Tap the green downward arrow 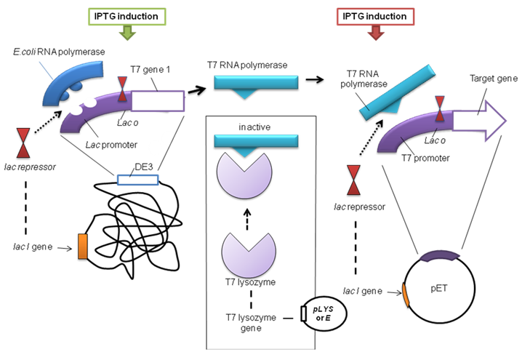(x=127, y=33)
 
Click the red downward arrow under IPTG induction (x=376, y=33)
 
